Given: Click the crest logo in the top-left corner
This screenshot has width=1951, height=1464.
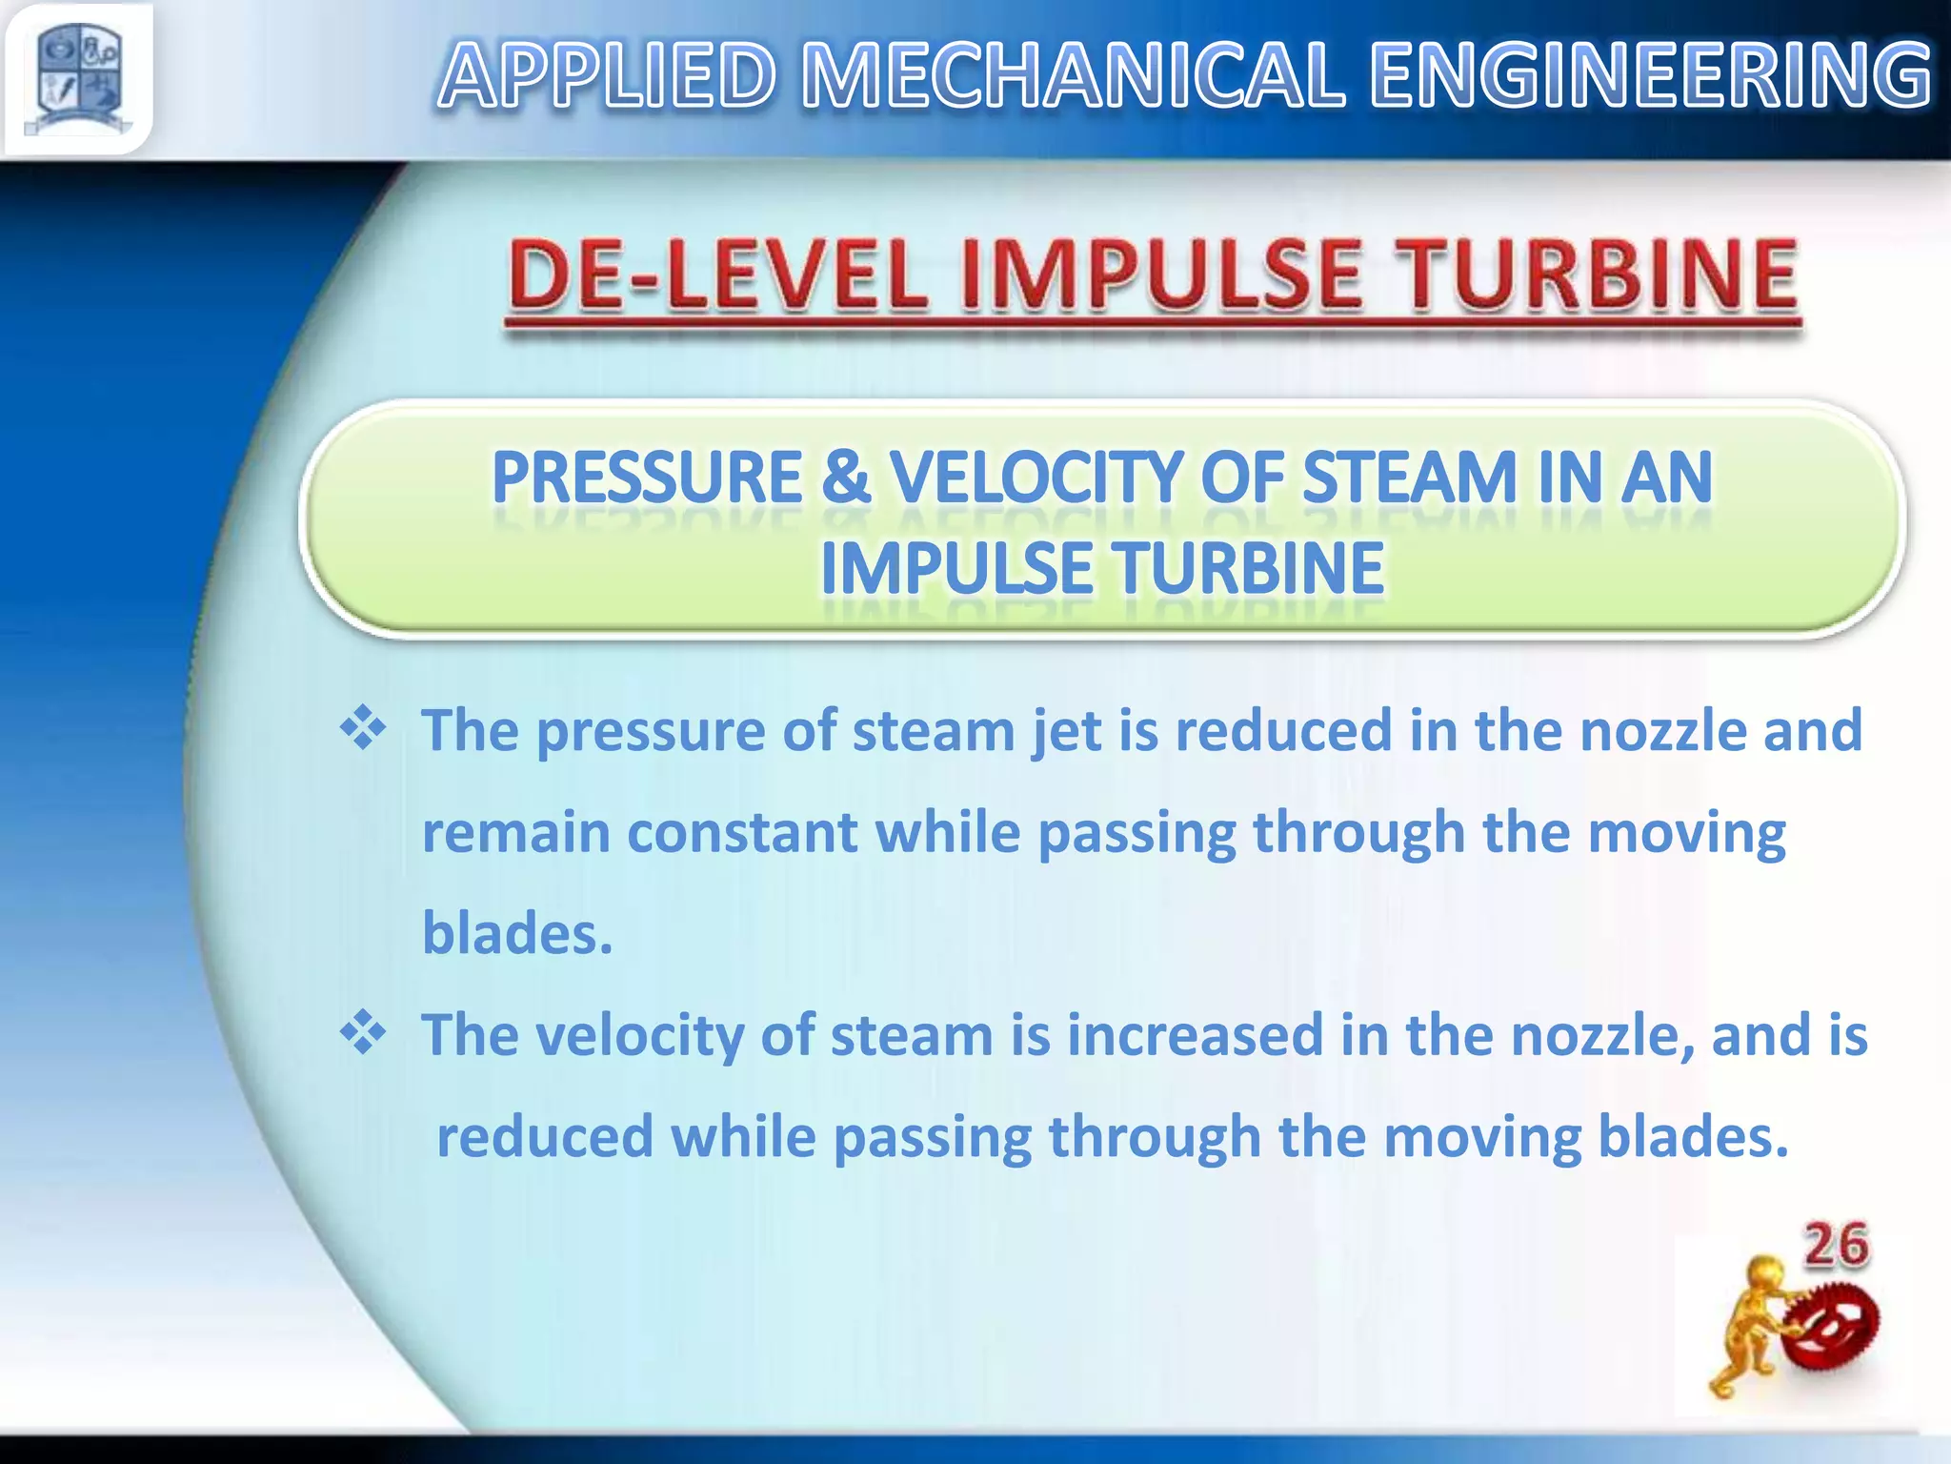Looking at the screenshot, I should (78, 78).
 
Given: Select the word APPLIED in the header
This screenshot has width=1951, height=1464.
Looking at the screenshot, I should (608, 76).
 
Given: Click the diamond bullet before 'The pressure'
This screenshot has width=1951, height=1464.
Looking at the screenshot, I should (363, 730).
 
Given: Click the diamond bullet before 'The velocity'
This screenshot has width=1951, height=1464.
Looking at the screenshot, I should (363, 1034).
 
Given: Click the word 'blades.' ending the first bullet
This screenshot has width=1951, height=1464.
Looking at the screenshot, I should (517, 933).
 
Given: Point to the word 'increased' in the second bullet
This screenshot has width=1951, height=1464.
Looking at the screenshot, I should (1196, 1035).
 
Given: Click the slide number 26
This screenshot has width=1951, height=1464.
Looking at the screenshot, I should (1837, 1246).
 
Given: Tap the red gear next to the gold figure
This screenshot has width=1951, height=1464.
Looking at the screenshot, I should (1835, 1328).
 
